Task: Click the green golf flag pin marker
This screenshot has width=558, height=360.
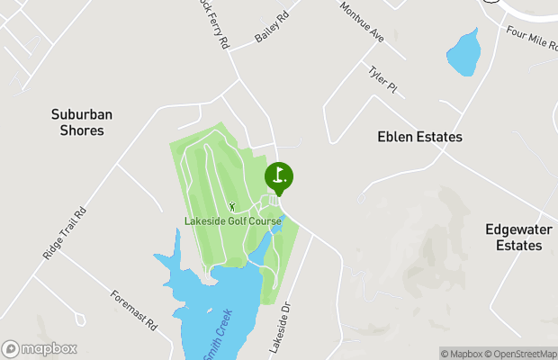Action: [x=279, y=176]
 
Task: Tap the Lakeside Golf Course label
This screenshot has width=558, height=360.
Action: [x=232, y=221]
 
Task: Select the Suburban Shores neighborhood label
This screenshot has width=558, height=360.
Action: [x=77, y=122]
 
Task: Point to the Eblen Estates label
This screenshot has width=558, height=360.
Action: [x=418, y=137]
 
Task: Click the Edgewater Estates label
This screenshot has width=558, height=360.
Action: [x=514, y=237]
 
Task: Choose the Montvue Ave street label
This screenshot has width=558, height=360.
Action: [x=362, y=22]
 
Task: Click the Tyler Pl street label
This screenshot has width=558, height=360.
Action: [x=382, y=78]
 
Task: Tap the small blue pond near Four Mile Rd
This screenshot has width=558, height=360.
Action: [x=463, y=55]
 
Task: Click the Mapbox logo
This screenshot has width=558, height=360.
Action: [x=40, y=348]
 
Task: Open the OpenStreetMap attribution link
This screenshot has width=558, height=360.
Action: [x=522, y=354]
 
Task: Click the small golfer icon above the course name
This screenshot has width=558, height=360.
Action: [x=231, y=207]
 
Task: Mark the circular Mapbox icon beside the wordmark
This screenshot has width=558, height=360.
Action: [x=11, y=348]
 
